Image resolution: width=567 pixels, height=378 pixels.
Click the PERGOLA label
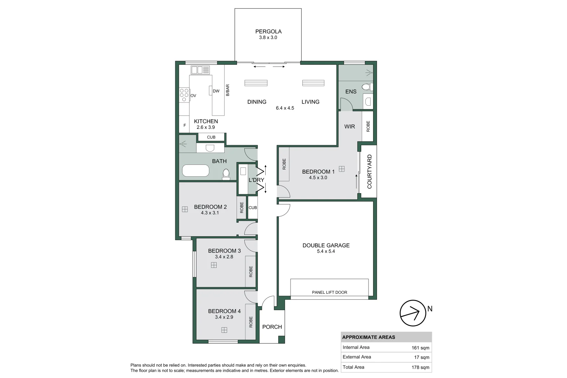click(x=268, y=31)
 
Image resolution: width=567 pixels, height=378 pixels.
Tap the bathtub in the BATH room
click(x=196, y=171)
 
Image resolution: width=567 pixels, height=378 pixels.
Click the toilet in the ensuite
click(x=366, y=86)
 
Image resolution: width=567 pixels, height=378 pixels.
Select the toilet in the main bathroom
click(x=226, y=173)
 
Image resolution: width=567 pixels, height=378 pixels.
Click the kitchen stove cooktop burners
click(x=184, y=95)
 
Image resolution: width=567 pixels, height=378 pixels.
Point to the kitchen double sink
click(x=200, y=70)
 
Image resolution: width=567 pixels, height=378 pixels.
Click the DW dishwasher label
click(x=216, y=91)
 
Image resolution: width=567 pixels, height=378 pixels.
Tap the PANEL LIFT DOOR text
click(x=329, y=292)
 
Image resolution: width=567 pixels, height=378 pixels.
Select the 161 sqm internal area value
click(x=420, y=348)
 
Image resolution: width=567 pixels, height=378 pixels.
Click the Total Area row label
click(x=353, y=367)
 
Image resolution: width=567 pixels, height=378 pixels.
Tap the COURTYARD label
click(x=369, y=171)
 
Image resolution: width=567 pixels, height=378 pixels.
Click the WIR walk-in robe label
click(x=349, y=127)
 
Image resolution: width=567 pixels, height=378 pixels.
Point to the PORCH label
click(x=272, y=327)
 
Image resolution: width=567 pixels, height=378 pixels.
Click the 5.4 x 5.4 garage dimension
click(x=326, y=251)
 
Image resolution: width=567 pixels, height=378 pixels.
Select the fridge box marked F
click(x=184, y=125)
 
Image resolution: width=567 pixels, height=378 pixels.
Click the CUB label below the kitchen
click(x=211, y=137)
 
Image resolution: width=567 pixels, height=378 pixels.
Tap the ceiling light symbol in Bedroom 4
click(x=224, y=330)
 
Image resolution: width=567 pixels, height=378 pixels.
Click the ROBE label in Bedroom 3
click(x=251, y=272)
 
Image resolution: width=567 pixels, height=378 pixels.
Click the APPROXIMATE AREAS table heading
click(x=369, y=337)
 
